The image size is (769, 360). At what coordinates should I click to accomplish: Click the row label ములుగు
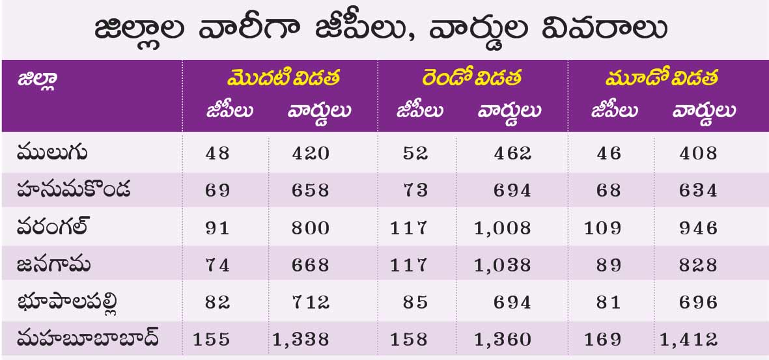[52, 154]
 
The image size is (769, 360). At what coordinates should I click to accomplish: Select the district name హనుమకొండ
[74, 190]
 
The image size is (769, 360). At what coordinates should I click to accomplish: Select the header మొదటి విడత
[283, 78]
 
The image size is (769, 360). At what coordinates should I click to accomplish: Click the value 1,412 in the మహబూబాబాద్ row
[688, 339]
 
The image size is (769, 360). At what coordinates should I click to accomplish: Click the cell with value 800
[310, 228]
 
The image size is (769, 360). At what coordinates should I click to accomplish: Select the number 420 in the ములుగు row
[310, 154]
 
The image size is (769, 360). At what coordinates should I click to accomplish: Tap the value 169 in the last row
[606, 339]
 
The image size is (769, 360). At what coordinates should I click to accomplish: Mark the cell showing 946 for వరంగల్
[697, 228]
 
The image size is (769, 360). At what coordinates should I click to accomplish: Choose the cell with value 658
[310, 191]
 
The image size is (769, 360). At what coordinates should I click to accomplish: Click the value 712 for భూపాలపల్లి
[310, 302]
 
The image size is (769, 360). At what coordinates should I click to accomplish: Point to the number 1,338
[301, 339]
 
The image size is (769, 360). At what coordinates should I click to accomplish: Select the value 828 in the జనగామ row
[697, 265]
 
